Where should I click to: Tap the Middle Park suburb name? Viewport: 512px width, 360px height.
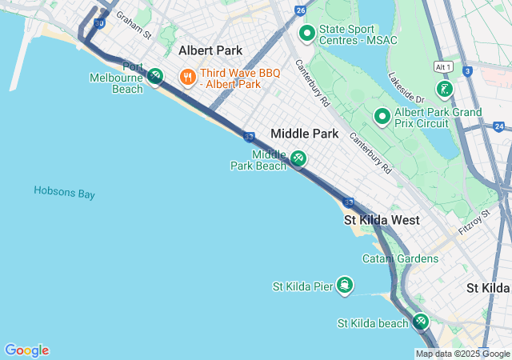[304, 134]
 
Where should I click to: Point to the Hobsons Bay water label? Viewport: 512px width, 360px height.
[65, 192]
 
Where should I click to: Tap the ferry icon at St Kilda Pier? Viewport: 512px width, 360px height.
[345, 286]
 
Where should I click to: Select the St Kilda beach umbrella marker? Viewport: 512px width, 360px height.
[421, 322]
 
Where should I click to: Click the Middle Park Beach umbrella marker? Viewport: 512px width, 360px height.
[298, 158]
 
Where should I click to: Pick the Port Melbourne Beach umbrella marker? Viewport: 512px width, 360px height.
[155, 76]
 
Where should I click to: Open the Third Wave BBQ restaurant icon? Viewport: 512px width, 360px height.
[187, 76]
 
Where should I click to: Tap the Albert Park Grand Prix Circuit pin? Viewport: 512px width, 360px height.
[382, 117]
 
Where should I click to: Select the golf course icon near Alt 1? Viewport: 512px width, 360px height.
[445, 88]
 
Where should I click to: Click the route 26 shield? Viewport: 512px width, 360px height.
[300, 10]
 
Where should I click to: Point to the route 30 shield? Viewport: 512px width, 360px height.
[98, 24]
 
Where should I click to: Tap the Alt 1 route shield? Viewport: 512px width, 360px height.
[444, 66]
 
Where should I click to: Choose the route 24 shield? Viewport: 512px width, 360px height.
[499, 126]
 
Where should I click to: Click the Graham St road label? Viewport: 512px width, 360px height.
[134, 25]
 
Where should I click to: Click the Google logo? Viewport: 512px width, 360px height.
[26, 350]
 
